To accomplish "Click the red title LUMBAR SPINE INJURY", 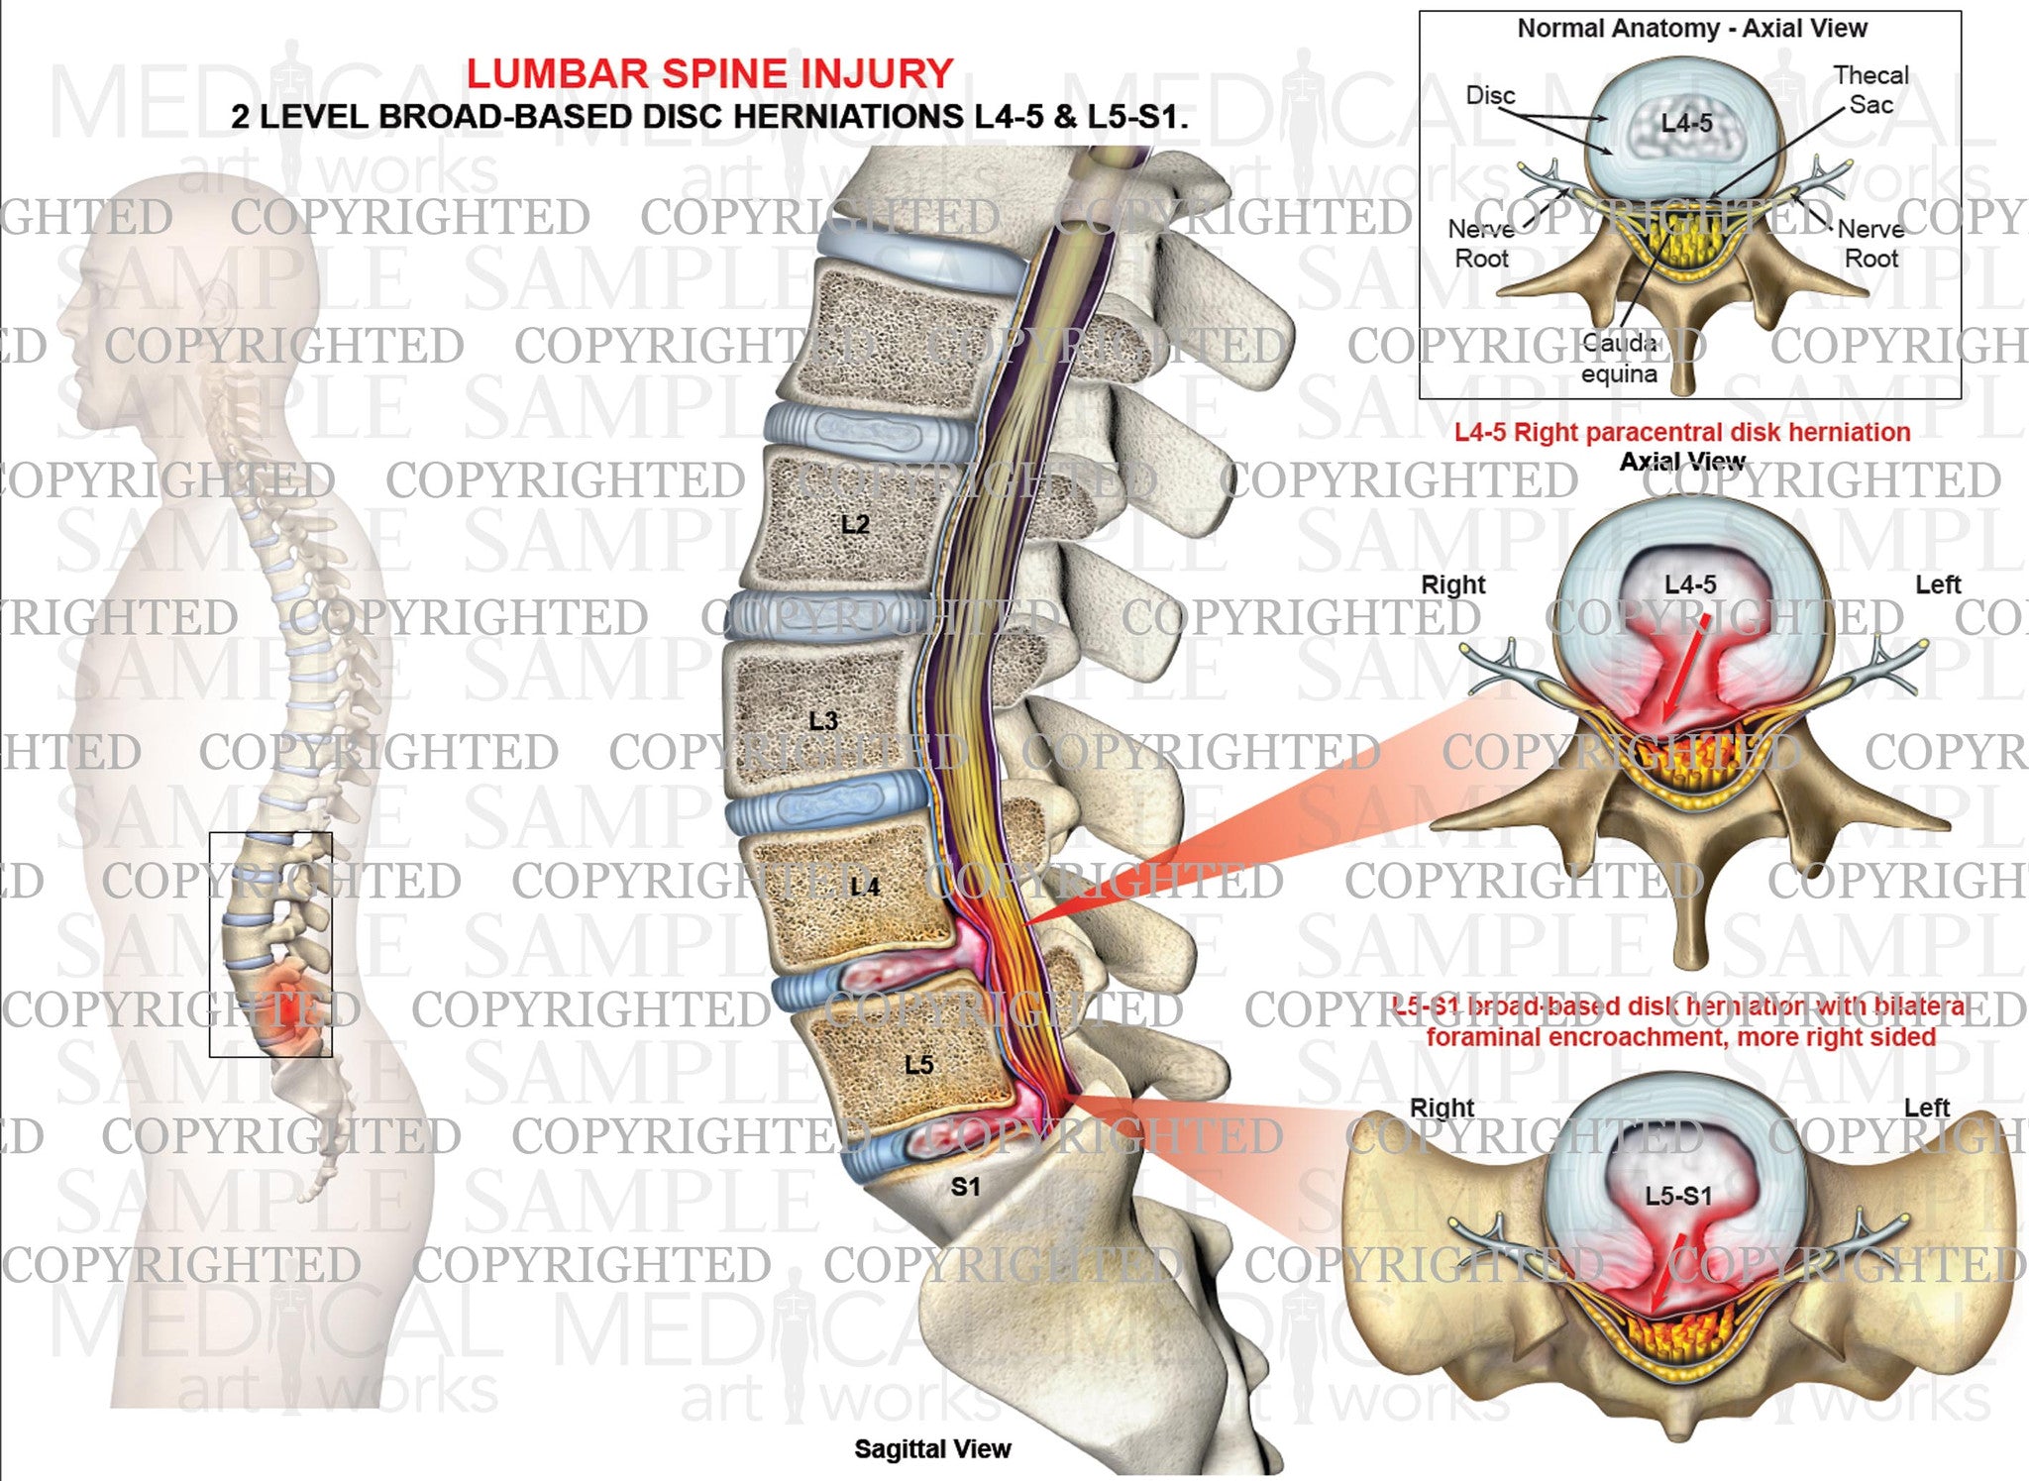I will [709, 73].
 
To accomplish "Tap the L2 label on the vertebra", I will [855, 524].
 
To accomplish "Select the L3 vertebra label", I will [823, 720].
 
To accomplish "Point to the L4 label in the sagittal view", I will [865, 886].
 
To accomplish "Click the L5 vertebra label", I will [918, 1064].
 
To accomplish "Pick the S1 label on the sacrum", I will [965, 1186].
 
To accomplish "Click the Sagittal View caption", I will [932, 1448].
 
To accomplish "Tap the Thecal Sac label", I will [1870, 89].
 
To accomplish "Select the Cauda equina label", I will [1619, 359].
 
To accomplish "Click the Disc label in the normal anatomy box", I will [1490, 95].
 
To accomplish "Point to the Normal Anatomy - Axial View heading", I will [1692, 29].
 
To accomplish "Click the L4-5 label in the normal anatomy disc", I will [1687, 123].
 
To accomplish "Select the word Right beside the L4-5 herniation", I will [1453, 584].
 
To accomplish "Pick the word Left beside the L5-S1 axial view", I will [1926, 1108].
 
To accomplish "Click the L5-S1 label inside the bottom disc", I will [1678, 1196].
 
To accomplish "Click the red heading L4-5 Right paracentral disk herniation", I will [1682, 432].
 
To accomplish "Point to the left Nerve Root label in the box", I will [1482, 244].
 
